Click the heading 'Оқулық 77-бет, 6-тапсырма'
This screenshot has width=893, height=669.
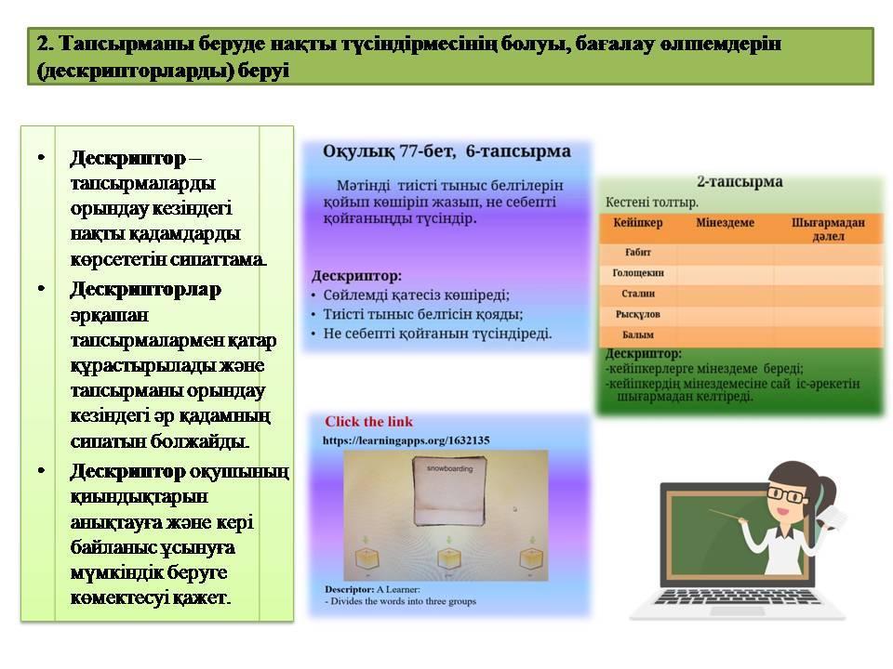coord(446,151)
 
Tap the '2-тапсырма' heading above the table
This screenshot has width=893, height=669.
coord(740,182)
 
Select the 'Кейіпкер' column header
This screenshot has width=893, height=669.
coord(637,223)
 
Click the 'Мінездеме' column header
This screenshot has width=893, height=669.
coord(725,223)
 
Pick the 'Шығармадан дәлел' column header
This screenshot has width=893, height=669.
coord(828,229)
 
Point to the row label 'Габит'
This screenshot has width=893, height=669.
coord(637,253)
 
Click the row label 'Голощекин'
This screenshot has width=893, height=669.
coord(637,274)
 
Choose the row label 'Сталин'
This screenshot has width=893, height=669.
coord(637,295)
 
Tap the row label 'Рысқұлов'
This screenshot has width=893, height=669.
coord(637,315)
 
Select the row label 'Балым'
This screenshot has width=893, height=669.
coord(637,335)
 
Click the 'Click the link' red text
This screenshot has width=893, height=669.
coord(368,422)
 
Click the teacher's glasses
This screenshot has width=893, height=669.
coord(788,497)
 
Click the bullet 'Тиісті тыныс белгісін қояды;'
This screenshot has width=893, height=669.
coord(422,314)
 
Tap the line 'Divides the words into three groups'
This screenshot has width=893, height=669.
coord(405,601)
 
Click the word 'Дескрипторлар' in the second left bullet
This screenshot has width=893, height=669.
coord(145,289)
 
